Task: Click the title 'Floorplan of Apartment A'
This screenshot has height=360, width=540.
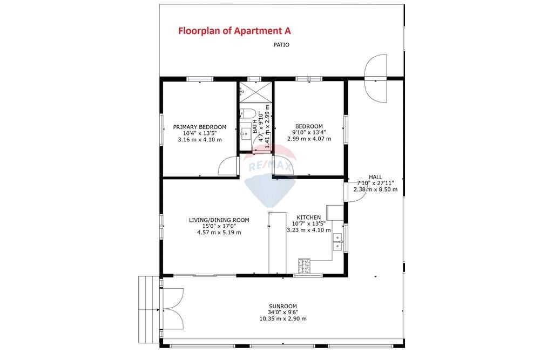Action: tap(234, 31)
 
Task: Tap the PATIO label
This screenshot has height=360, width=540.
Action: tap(281, 45)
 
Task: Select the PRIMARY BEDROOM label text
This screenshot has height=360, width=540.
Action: tap(200, 127)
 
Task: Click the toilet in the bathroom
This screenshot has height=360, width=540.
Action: tap(247, 113)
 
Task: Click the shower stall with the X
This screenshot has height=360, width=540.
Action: tap(256, 92)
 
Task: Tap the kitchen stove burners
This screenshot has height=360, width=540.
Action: tap(304, 266)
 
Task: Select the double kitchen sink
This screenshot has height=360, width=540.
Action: tap(337, 242)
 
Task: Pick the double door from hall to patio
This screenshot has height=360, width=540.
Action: tap(376, 78)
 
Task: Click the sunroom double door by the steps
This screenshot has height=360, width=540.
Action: tap(173, 309)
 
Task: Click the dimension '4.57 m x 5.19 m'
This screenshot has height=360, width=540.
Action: tap(219, 232)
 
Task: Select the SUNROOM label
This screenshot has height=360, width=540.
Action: tap(283, 307)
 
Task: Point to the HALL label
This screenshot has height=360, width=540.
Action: tap(375, 177)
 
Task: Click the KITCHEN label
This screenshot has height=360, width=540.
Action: tap(308, 218)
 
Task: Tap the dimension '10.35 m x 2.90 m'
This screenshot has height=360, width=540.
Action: tap(283, 318)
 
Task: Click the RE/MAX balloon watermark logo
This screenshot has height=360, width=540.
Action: tap(271, 175)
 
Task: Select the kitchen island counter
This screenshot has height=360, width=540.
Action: tap(277, 243)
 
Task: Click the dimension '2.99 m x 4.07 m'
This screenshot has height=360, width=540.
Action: tap(309, 139)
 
